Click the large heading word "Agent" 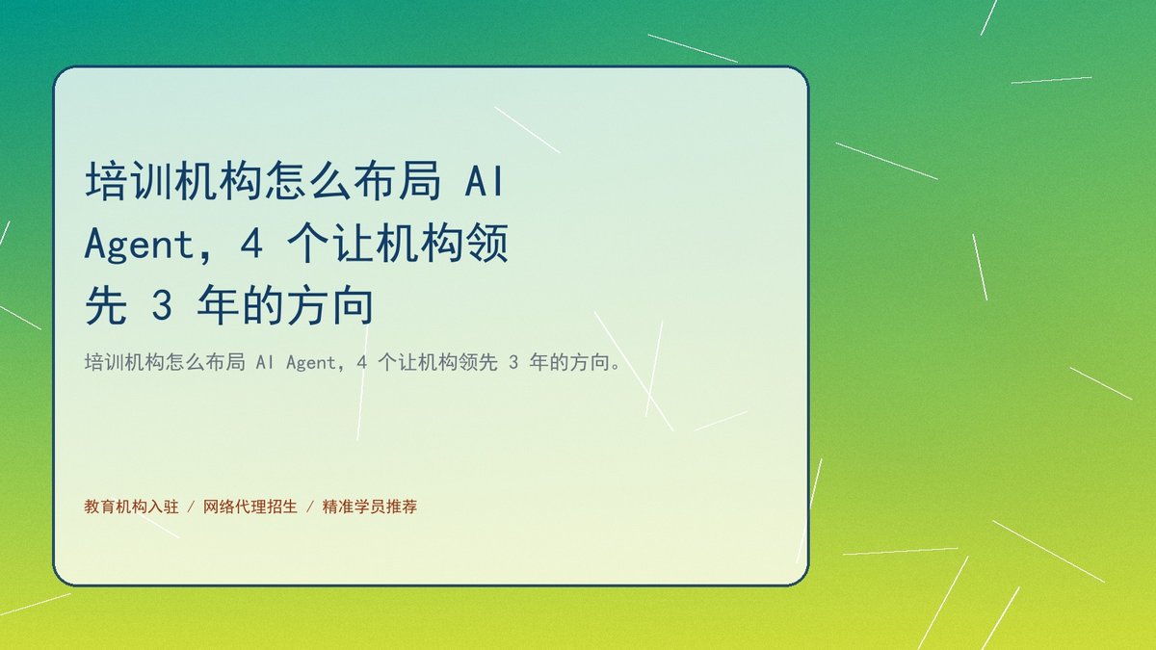pos(138,245)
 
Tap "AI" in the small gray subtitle pos(265,363)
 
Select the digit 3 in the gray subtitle pos(512,363)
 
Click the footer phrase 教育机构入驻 pos(132,507)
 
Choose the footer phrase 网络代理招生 pos(250,507)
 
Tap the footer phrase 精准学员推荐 pos(370,507)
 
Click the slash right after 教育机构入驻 pos(191,507)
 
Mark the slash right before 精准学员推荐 pos(310,507)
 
